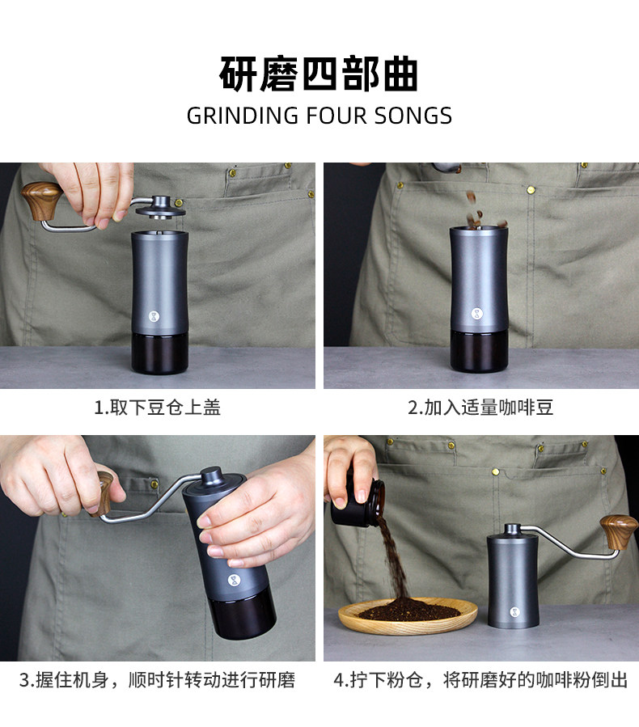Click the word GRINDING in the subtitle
pyautogui.click(x=242, y=116)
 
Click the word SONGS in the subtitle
pyautogui.click(x=413, y=116)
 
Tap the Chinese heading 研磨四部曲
pyautogui.click(x=319, y=74)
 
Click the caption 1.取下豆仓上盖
pyautogui.click(x=157, y=408)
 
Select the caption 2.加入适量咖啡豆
pyautogui.click(x=480, y=408)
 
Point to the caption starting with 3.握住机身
pyautogui.click(x=157, y=680)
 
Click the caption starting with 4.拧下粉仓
pyautogui.click(x=480, y=680)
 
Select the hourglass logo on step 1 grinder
pyautogui.click(x=154, y=317)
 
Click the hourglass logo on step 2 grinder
pyautogui.click(x=476, y=314)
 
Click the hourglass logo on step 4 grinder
pyautogui.click(x=514, y=612)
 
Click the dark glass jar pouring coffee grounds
pyautogui.click(x=358, y=504)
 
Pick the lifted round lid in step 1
pyautogui.click(x=160, y=209)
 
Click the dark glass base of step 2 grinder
pyautogui.click(x=479, y=352)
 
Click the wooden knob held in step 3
pyautogui.click(x=104, y=493)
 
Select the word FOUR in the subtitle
pyautogui.click(x=336, y=116)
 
